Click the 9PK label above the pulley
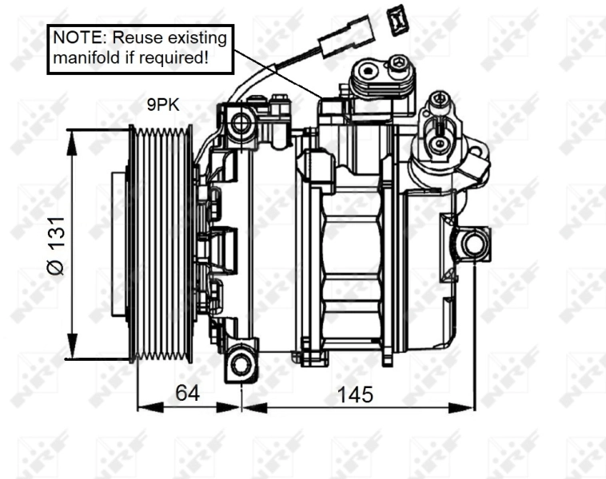(x=162, y=103)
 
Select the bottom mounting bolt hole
(x=240, y=365)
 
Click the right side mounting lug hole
(x=475, y=243)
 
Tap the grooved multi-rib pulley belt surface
(x=163, y=243)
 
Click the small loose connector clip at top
(x=396, y=19)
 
